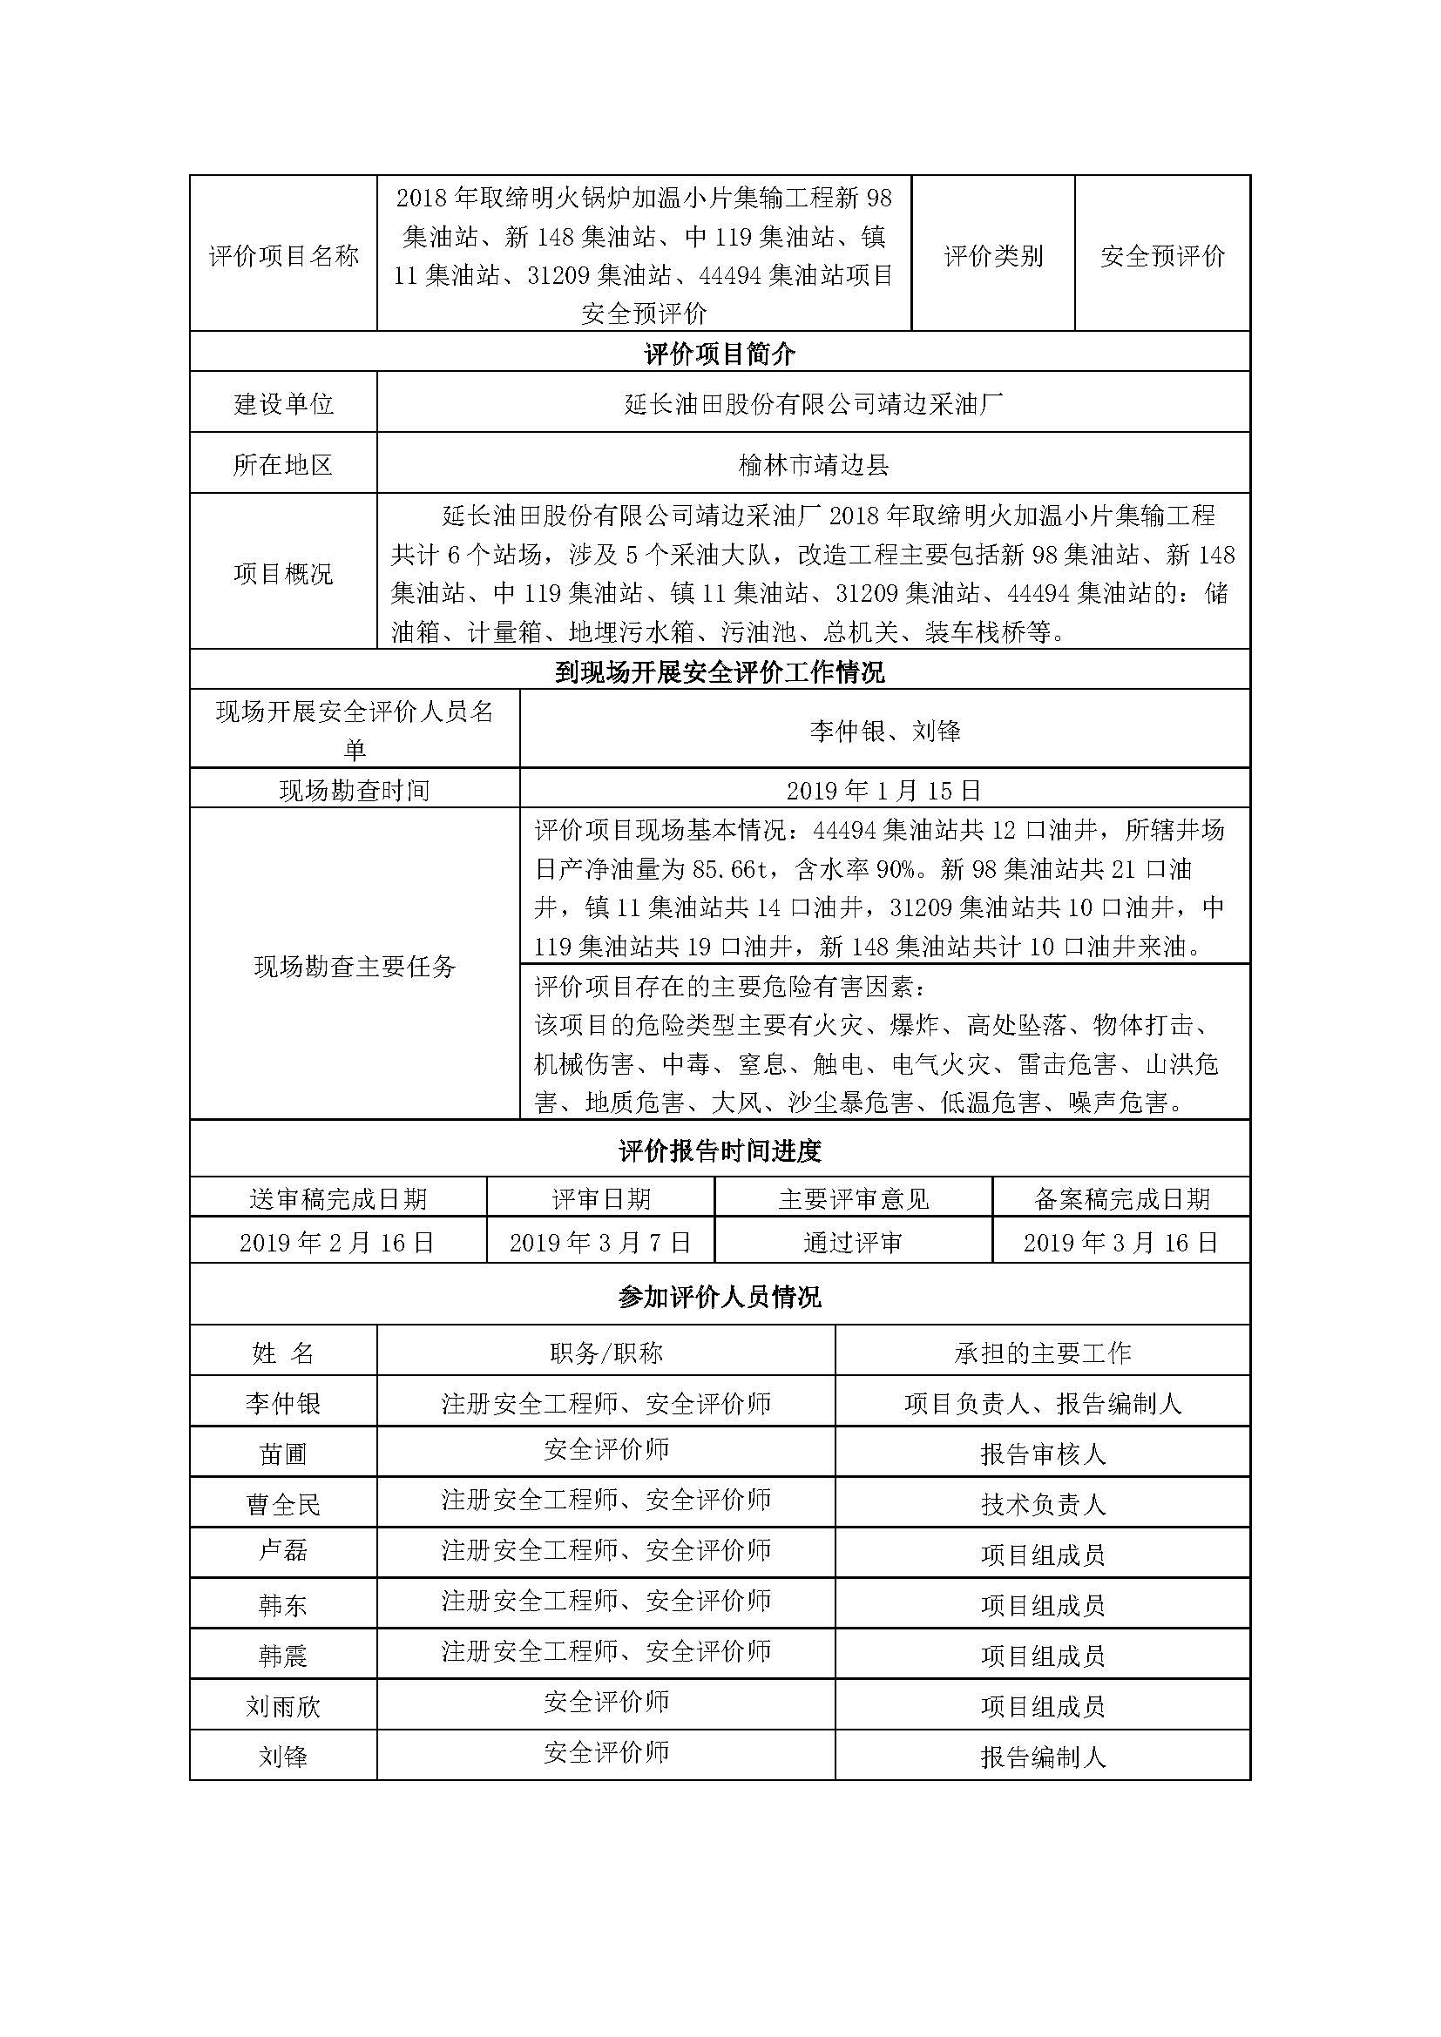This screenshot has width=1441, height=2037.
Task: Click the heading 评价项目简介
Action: pos(720,354)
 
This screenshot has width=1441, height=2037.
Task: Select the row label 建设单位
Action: pos(283,405)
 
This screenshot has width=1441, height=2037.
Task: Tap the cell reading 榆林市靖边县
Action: pos(814,464)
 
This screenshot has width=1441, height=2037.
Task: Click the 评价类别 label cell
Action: pos(993,255)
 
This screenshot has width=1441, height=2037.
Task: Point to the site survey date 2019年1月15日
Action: pos(883,790)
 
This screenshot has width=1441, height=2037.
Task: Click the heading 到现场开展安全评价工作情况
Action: pos(720,671)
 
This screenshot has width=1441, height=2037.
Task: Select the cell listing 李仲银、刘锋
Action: pos(884,730)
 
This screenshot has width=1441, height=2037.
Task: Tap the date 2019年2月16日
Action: pos(337,1242)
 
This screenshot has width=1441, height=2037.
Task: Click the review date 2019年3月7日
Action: pos(601,1242)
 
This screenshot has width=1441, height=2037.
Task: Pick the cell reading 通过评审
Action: pos(853,1242)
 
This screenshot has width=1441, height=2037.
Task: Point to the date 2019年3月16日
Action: pos(1120,1242)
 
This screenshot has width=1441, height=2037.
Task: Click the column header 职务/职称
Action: pos(606,1352)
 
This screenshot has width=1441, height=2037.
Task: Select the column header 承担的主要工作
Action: pos(1043,1352)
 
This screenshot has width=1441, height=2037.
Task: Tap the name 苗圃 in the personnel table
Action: pos(283,1454)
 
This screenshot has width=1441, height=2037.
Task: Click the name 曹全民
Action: pos(283,1504)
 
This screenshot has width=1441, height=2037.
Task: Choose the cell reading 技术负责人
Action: pos(1043,1504)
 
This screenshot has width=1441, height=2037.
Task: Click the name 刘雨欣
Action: pos(283,1706)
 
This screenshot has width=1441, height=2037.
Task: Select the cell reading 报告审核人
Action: pos(1043,1454)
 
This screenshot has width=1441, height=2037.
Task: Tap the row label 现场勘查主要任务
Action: pos(355,966)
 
